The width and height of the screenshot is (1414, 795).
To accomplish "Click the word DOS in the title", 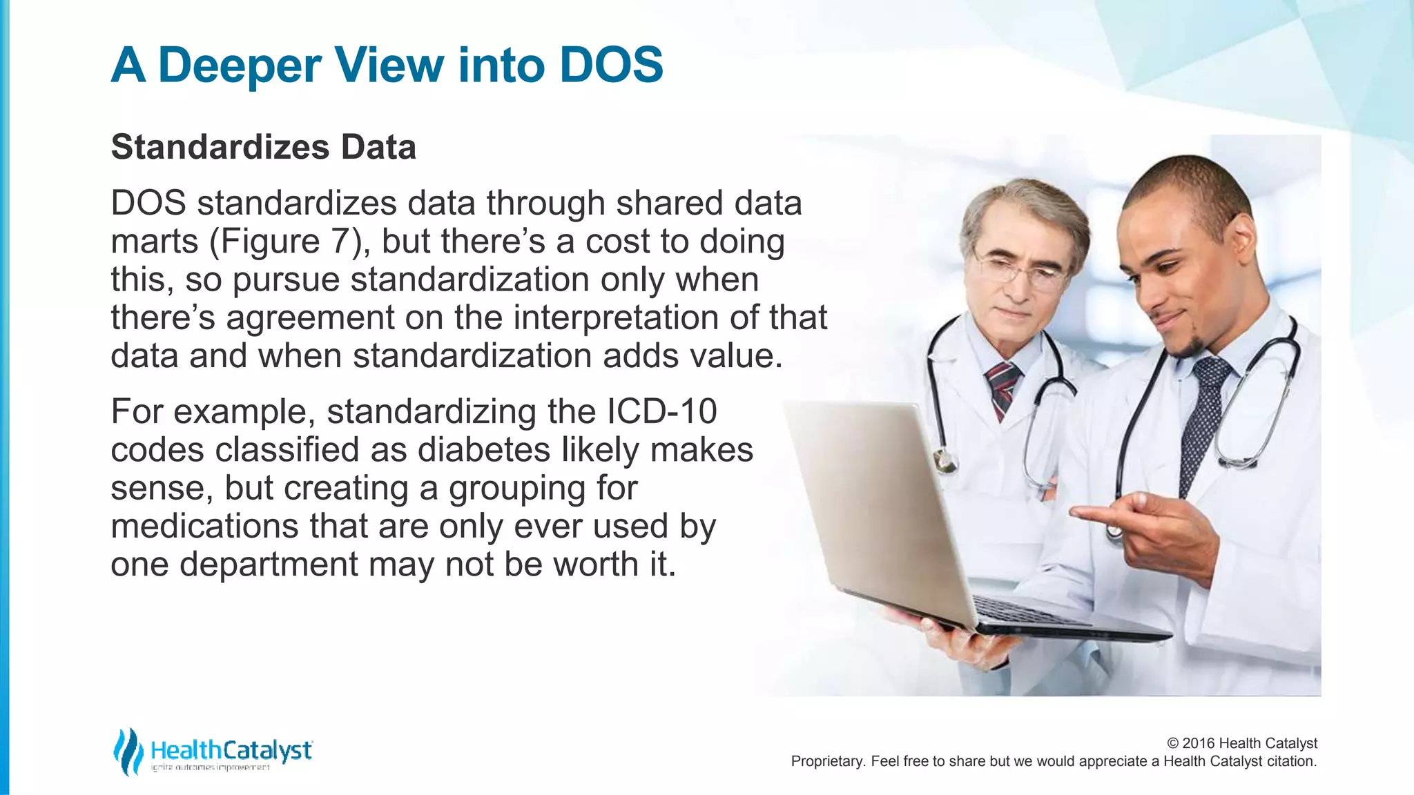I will click(x=611, y=66).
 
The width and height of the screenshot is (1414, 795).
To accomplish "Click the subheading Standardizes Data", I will click(x=263, y=147).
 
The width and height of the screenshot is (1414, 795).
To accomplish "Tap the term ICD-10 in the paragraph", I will click(x=661, y=412).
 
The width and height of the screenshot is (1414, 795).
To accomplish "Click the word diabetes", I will click(x=485, y=450).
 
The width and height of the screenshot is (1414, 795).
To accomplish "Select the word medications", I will click(x=204, y=526).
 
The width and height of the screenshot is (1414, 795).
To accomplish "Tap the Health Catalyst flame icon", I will click(x=128, y=751).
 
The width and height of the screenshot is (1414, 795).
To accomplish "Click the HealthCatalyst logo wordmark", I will click(x=231, y=750).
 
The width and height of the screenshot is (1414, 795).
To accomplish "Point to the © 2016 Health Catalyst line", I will click(x=1241, y=743).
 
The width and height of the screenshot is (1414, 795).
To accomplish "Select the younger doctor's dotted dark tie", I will click(x=1205, y=421).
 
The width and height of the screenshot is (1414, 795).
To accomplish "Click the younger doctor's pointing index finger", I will click(x=1091, y=513).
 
